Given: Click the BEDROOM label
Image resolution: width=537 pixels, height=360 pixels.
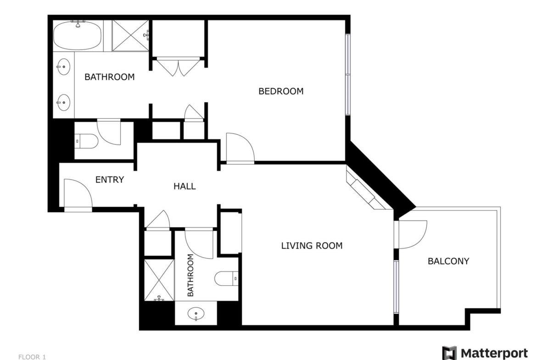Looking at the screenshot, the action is pos(281,91).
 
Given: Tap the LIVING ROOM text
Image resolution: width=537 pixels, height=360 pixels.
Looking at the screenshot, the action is pos(312,246).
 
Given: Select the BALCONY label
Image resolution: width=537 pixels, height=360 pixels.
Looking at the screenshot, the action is pos(448,261).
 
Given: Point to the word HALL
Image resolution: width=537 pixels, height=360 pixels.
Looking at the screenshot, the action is pos(185,186).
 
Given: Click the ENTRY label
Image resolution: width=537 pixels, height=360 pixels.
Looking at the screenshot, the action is pos(110,180).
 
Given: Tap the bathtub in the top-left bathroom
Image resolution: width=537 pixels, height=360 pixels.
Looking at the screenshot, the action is pos(78,35).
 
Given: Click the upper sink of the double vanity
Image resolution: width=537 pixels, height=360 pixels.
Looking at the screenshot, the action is pos(63,67).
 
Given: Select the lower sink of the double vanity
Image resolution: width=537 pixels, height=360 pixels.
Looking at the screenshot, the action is pos(63,102).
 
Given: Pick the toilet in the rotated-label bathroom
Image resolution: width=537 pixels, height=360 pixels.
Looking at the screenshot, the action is pos(226,278).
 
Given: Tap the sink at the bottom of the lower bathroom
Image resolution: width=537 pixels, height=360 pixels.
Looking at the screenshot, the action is pos(196,314).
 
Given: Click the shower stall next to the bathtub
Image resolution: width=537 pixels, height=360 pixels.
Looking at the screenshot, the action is pos(130,35).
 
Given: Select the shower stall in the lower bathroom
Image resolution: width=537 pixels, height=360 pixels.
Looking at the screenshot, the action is pos(159,280).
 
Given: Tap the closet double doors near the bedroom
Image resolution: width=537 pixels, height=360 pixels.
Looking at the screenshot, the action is pos(178,67).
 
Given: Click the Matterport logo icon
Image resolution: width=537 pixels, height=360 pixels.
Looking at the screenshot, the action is pos(449,353).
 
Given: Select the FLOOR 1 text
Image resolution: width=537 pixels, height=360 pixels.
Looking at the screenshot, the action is pos(32,357).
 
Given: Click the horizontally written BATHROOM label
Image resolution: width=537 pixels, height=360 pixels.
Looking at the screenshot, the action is pos(110,77).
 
